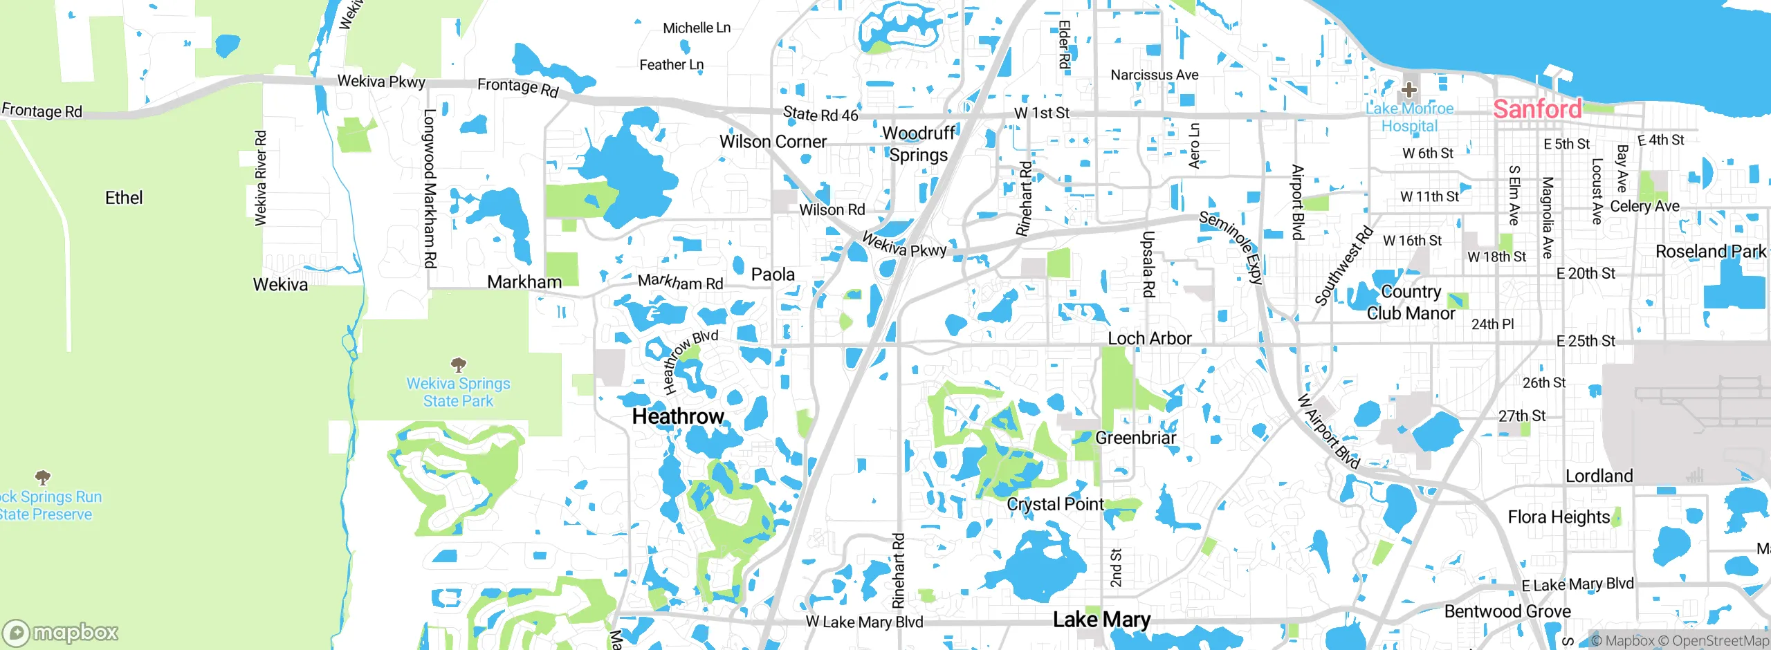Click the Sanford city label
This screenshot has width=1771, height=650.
point(1536,109)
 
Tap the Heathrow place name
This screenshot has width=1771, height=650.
point(678,416)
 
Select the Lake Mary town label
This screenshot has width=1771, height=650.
point(1101,620)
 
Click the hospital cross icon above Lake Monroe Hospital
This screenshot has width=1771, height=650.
point(1408,90)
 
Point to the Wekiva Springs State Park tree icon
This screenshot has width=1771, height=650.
point(458,364)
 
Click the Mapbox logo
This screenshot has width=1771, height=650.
point(61,633)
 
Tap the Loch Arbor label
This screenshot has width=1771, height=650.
point(1150,338)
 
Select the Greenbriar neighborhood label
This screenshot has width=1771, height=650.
point(1135,438)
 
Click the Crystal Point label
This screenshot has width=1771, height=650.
point(1055,504)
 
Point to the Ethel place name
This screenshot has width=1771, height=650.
point(124,198)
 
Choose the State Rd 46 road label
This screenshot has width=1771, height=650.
point(820,114)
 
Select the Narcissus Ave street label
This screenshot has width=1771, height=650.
point(1154,75)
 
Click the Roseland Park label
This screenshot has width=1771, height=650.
point(1710,252)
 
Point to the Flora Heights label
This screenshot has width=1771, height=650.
point(1559,517)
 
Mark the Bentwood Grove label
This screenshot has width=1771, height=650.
point(1507,611)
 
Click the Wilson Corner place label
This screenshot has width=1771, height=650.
point(773,142)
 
